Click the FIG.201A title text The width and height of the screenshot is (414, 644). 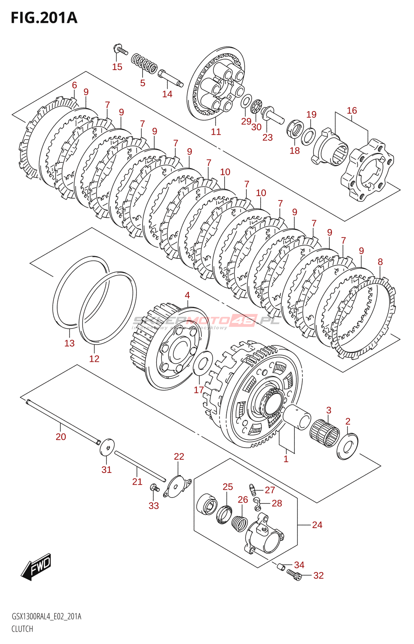(44, 18)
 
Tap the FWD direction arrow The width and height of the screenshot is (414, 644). (36, 567)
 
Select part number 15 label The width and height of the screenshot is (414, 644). (117, 67)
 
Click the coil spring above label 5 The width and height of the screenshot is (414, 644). (144, 63)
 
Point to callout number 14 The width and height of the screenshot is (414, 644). (167, 94)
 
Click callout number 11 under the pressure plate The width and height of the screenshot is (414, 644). (216, 132)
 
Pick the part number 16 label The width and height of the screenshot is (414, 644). (352, 111)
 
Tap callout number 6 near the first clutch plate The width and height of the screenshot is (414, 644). (75, 85)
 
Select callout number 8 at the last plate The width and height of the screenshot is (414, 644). (380, 262)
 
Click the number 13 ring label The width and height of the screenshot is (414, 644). (69, 343)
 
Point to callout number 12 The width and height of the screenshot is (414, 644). (94, 359)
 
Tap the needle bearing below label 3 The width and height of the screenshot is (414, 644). (325, 433)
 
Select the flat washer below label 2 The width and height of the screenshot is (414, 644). (347, 446)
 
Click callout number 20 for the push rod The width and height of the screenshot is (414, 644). (61, 437)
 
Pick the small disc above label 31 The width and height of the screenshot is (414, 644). (107, 447)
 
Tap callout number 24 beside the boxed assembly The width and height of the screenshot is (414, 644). (317, 525)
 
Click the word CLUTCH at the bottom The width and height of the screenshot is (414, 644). (22, 629)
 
